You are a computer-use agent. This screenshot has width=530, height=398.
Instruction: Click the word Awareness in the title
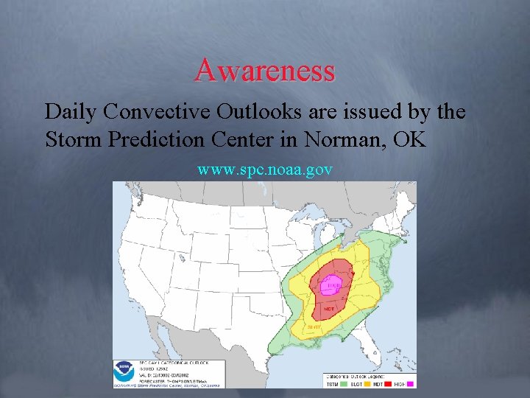(x=265, y=71)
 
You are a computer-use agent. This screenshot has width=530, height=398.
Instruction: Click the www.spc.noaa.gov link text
(x=265, y=170)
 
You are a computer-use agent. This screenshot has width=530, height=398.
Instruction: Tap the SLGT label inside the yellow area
(x=314, y=327)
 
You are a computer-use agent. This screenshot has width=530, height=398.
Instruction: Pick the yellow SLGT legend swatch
(x=365, y=384)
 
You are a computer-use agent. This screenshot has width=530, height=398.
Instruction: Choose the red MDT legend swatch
(x=386, y=384)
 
